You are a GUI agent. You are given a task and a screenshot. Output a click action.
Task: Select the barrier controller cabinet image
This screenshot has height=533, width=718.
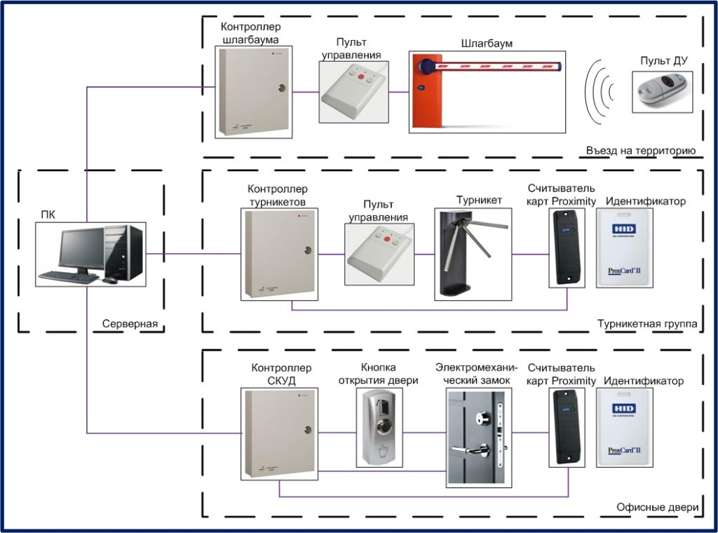253,90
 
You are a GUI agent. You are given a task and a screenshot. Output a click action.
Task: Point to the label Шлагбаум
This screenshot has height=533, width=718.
487,43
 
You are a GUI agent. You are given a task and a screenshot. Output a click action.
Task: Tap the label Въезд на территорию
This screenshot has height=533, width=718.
640,150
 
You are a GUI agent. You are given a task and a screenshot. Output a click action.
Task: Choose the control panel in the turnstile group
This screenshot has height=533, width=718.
379,253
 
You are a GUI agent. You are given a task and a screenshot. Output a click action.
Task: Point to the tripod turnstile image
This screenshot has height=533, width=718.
468,253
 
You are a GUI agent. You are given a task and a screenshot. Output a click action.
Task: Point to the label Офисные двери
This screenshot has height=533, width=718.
657,508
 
